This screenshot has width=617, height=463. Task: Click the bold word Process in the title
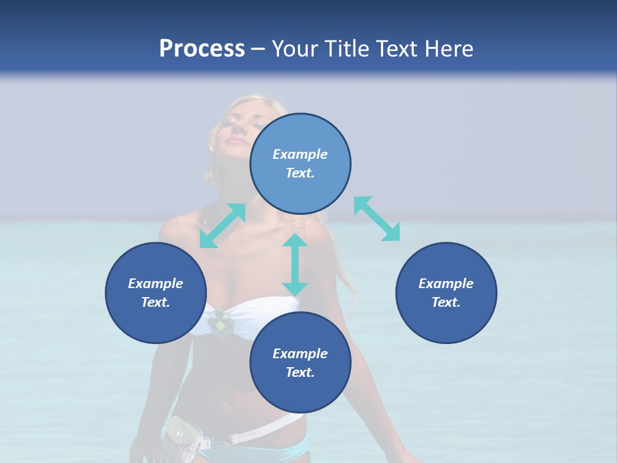click(202, 49)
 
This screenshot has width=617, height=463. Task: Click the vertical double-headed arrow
click(295, 264)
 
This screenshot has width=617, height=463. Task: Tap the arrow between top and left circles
click(222, 226)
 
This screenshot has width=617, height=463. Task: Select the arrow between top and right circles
click(377, 219)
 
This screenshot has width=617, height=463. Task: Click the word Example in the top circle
click(300, 154)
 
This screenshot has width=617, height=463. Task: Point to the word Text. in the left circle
click(156, 302)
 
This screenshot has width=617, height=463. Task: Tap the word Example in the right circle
click(446, 284)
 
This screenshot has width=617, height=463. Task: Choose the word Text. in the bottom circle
click(300, 372)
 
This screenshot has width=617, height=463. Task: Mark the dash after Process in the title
click(258, 49)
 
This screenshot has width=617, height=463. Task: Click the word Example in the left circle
click(156, 284)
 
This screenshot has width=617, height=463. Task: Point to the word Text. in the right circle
click(446, 302)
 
